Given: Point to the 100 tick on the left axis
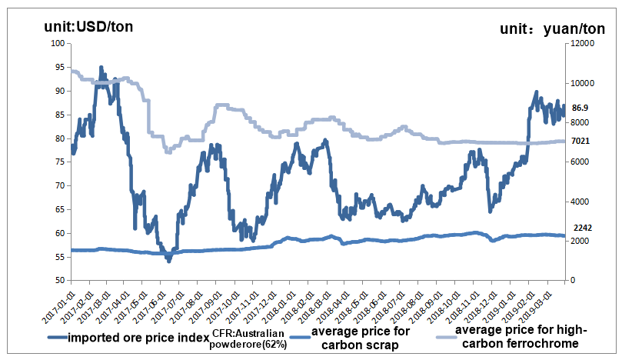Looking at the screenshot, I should [x=57, y=44].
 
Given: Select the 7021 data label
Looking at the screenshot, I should [x=580, y=142].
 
